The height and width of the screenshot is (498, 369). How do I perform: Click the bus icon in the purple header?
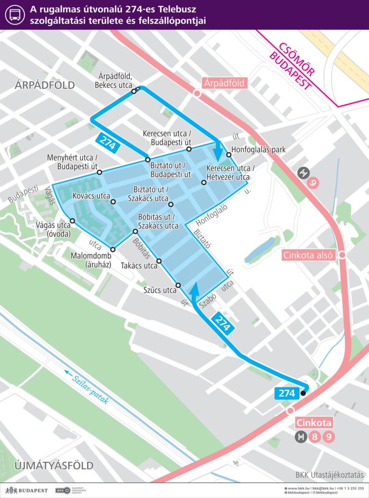(x=15, y=14)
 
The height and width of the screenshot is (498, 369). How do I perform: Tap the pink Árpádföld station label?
(x=224, y=83)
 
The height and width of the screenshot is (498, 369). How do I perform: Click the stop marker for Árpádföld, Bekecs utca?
(x=134, y=91)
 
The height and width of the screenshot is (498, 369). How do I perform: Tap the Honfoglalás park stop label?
(x=258, y=150)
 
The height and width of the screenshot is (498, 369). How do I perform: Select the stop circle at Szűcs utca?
(x=178, y=285)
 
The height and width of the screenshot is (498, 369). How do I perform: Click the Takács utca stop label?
(x=139, y=266)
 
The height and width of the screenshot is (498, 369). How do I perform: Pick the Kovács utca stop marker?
(x=113, y=202)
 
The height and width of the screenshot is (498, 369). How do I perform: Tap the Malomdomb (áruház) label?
(x=90, y=260)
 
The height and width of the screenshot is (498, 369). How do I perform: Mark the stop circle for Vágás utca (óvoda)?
(x=72, y=221)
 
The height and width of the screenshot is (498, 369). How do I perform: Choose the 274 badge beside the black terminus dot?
(x=286, y=393)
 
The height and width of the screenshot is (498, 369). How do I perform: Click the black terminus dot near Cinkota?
(x=303, y=394)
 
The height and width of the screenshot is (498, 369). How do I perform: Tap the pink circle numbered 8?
(x=315, y=437)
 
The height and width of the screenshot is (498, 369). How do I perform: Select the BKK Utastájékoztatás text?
(x=329, y=475)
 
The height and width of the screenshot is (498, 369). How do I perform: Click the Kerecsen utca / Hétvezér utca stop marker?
(x=203, y=182)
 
